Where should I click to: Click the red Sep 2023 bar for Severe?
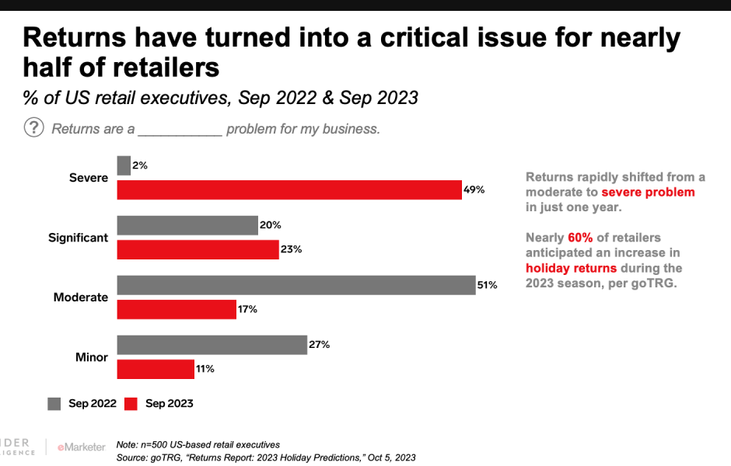pos(289,190)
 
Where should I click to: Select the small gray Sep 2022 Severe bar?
pos(124,165)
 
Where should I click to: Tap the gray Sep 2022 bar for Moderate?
pos(296,285)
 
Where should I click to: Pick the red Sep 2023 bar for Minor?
pos(156,369)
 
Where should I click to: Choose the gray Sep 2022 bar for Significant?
pos(187,225)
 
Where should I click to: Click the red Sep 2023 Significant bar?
pos(198,249)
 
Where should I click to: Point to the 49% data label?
pos(474,190)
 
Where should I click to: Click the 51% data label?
pos(488,285)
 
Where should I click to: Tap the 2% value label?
pos(140,165)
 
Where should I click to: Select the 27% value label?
pos(320,345)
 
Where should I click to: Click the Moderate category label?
pos(80,297)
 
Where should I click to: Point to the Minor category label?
pos(91,357)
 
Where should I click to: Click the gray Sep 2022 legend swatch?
pos(54,403)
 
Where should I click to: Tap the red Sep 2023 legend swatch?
pos(131,403)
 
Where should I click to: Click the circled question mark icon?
pos(34,127)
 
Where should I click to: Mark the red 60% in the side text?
pos(580,237)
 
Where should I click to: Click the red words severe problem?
pos(648,192)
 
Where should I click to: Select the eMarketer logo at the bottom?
pos(80,447)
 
